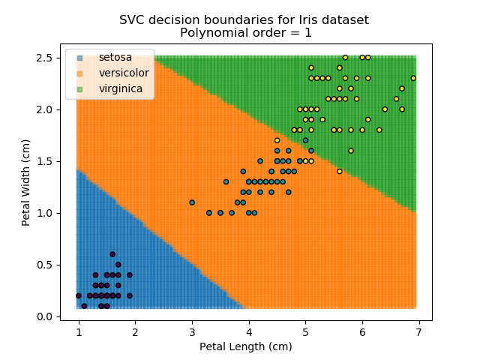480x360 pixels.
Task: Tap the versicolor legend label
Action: pyautogui.click(x=124, y=73)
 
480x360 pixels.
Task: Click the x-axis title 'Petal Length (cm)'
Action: pyautogui.click(x=246, y=346)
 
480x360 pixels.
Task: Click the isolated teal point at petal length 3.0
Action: pyautogui.click(x=192, y=202)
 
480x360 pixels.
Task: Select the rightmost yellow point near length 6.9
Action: pyautogui.click(x=413, y=78)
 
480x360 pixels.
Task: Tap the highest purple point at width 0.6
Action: pyautogui.click(x=112, y=254)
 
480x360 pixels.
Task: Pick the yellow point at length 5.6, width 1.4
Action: pyautogui.click(x=339, y=171)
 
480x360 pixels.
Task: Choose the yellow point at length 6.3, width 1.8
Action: pyautogui.click(x=379, y=130)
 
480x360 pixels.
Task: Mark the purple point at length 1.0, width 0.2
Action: pyautogui.click(x=79, y=295)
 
